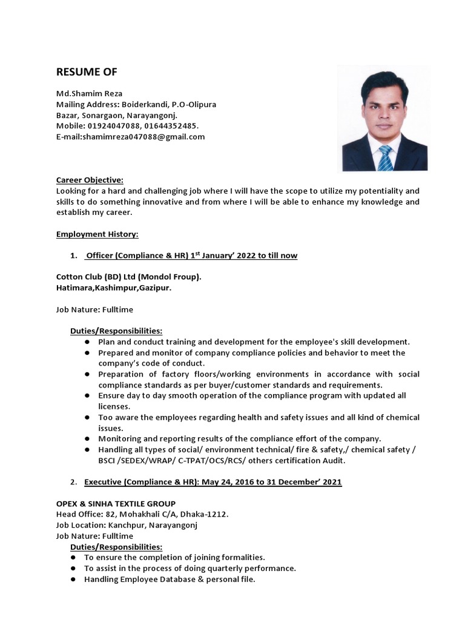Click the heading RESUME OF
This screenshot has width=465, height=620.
[x=87, y=72]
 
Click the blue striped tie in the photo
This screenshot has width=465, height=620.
[x=385, y=158]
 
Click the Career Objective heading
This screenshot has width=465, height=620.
[x=90, y=180]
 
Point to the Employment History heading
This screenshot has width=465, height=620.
[x=97, y=234]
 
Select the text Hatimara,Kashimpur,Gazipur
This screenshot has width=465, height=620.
[x=114, y=288]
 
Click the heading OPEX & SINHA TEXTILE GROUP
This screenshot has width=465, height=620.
[x=116, y=504]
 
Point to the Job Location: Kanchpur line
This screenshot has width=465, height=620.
[x=127, y=525]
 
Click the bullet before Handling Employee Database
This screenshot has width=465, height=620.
[x=72, y=579]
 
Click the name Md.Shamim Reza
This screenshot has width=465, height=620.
[x=89, y=93]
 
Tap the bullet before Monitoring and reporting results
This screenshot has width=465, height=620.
[x=87, y=438]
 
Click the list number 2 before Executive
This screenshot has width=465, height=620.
[x=73, y=482]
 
